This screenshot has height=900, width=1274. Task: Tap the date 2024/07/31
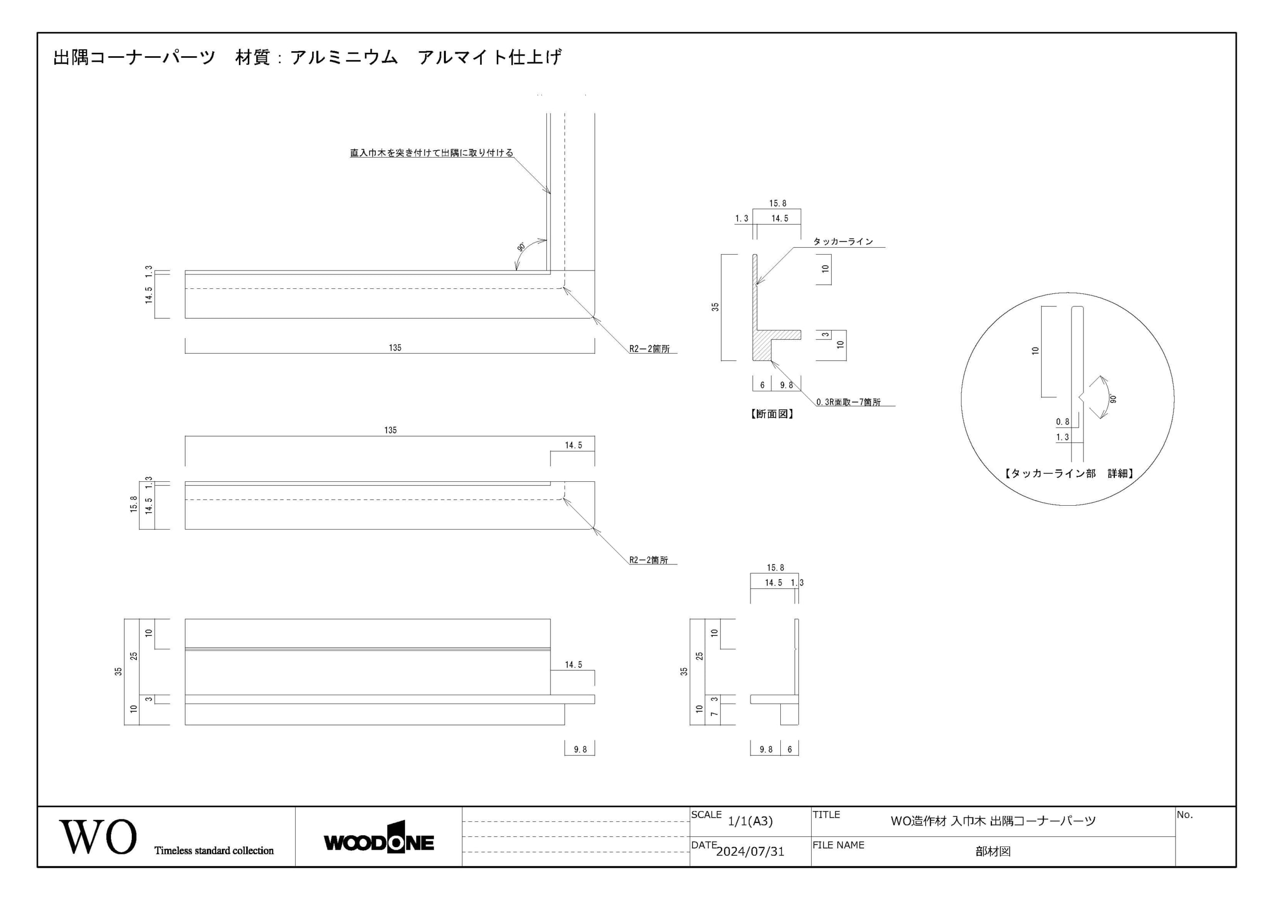click(750, 852)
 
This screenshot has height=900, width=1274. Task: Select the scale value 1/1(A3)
click(750, 821)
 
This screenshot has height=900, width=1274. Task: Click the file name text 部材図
click(993, 852)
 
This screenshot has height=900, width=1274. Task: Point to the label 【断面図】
click(772, 414)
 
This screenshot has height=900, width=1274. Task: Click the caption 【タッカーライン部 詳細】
click(1068, 473)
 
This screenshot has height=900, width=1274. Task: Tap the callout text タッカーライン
click(843, 242)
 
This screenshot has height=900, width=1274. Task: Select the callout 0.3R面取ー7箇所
click(849, 402)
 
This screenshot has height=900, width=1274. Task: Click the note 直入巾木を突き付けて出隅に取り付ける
click(431, 153)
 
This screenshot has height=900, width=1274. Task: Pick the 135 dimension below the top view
click(395, 348)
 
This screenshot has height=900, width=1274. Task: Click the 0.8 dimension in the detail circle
click(1062, 422)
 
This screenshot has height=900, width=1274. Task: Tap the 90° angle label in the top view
click(521, 247)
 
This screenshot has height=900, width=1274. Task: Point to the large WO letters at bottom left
click(98, 837)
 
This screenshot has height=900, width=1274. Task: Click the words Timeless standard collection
click(213, 851)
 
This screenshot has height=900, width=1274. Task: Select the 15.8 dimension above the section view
click(777, 203)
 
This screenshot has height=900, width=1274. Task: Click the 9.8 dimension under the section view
click(786, 385)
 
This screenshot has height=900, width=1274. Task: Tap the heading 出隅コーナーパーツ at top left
click(134, 57)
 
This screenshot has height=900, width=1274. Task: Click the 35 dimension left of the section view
click(715, 307)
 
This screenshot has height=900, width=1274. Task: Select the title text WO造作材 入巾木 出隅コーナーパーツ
click(993, 821)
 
